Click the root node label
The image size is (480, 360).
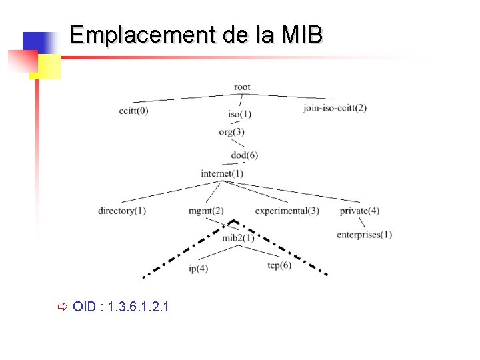242,87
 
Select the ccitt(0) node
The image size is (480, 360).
133,110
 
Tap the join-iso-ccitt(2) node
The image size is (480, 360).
335,109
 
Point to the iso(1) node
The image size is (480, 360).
239,115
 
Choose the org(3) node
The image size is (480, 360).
231,131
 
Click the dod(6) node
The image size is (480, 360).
244,155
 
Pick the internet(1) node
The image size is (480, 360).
222,174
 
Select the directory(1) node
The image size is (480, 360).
122,211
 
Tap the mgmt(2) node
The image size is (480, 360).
206,211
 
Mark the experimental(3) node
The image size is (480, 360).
287,211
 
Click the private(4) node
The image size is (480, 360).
359,211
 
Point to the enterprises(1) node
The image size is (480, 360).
364,235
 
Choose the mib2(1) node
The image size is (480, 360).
238,238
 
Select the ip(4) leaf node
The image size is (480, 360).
199,269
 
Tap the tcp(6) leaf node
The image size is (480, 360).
279,266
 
